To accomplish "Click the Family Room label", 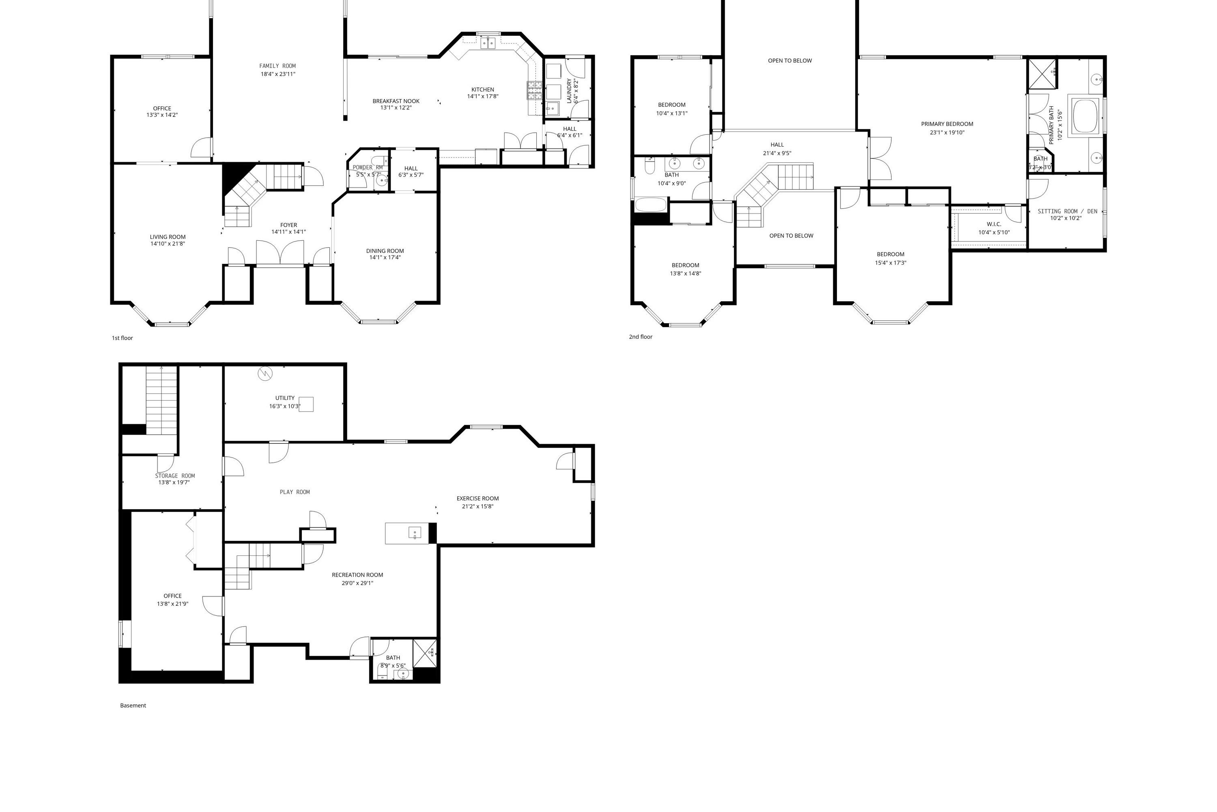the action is (277, 66).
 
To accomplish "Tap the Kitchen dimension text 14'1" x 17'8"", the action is (483, 96).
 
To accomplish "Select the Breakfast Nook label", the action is (396, 101).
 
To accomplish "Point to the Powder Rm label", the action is (368, 167).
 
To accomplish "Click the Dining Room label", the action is (385, 251).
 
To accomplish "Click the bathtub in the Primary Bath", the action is (1085, 116).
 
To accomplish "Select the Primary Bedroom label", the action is (947, 124).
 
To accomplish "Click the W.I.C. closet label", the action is (994, 224).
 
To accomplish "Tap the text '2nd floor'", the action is (641, 337).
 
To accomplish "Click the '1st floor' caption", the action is (122, 338).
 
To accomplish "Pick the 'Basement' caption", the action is (133, 705).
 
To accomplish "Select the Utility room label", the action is (285, 398).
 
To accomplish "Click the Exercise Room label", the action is (477, 498).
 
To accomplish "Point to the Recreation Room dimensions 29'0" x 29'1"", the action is (357, 583).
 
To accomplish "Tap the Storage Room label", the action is (175, 475).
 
